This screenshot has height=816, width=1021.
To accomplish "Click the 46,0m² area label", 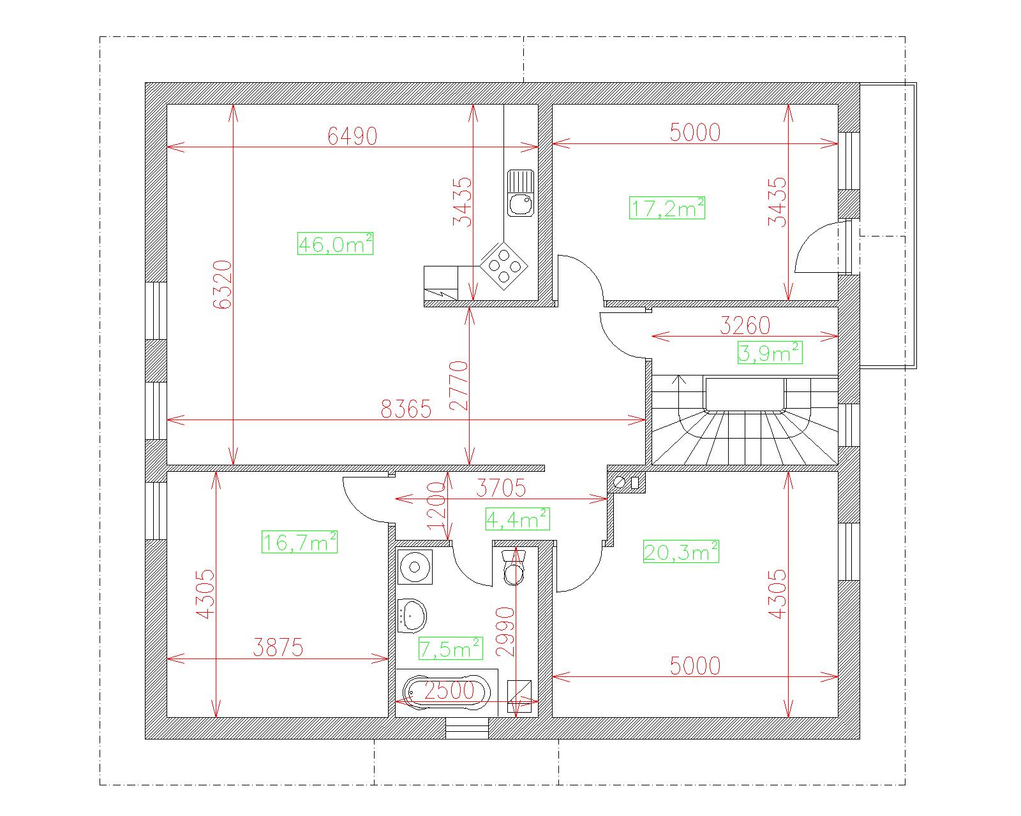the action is click(336, 244).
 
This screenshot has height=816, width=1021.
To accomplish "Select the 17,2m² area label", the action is click(667, 208).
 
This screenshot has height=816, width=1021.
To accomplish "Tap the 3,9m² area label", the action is click(770, 353).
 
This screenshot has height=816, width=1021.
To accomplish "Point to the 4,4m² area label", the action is click(518, 519).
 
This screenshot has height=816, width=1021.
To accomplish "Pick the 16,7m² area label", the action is click(299, 541).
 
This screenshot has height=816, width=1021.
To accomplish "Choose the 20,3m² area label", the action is click(681, 551).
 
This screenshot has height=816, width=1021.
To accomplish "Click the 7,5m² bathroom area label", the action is click(451, 648).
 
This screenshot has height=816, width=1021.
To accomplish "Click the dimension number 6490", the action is click(352, 136).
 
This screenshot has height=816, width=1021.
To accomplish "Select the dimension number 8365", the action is click(406, 409).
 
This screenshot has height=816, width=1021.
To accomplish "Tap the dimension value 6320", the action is click(223, 284).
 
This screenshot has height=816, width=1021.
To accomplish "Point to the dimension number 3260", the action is click(745, 325).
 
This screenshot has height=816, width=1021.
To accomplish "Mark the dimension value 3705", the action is click(501, 488).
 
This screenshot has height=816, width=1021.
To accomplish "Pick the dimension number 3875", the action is click(278, 647).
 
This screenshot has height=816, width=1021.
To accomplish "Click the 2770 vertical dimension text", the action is click(459, 385).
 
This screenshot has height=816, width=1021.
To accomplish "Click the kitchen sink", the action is click(521, 193).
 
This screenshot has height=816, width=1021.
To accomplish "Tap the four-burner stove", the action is click(504, 266).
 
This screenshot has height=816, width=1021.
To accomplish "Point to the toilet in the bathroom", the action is click(513, 567).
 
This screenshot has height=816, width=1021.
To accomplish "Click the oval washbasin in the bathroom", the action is click(412, 615).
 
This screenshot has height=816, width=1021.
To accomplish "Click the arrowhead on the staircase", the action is click(680, 379).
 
